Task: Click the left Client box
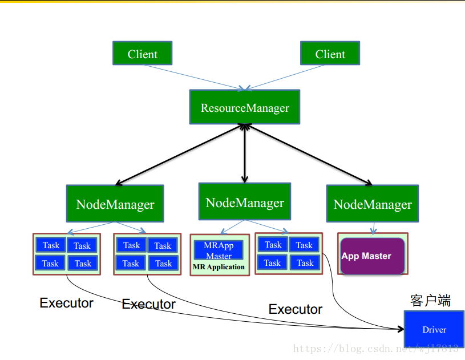coord(142,53)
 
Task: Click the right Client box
coord(330,53)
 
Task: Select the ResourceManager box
coord(245,107)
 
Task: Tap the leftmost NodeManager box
coord(115,204)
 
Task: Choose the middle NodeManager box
coord(245,201)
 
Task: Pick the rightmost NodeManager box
coord(373,204)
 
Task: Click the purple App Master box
coord(373,256)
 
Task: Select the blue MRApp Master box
coord(219,250)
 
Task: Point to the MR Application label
coord(219,267)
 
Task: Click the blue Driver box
coord(434,329)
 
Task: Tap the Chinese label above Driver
coord(430,301)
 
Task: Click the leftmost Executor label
coord(66,303)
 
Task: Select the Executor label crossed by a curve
coord(148,304)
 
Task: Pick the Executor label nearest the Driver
coord(296,309)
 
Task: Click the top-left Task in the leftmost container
coord(51,245)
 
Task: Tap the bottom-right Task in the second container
coord(163,263)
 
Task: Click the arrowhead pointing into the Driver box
coord(401,329)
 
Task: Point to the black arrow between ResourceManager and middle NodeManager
coord(245,153)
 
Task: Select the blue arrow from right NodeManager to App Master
coord(373,228)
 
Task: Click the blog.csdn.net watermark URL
coord(376,349)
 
